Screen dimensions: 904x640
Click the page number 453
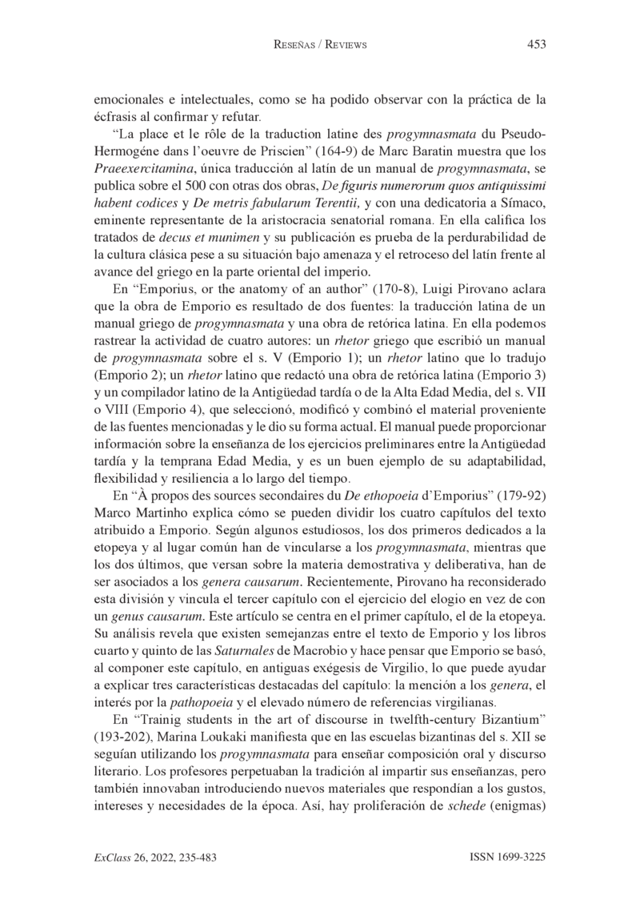pos(536,45)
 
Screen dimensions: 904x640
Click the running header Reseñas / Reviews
pos(320,46)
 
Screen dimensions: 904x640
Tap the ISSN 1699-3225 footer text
pos(506,857)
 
